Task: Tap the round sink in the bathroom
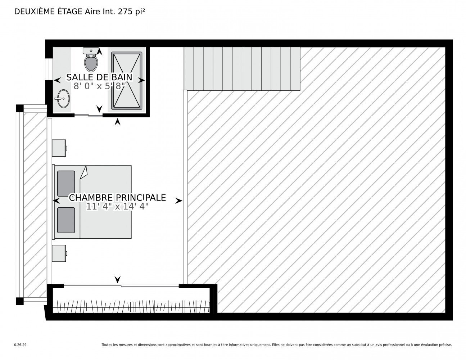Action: click(62, 99)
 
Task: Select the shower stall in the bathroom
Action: click(127, 80)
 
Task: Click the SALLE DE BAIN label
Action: click(99, 77)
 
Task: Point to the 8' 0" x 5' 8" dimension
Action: click(99, 86)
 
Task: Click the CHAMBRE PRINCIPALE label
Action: click(117, 198)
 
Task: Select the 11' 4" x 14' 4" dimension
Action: click(117, 207)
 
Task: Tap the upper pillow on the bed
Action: click(66, 184)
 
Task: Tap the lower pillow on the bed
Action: click(66, 220)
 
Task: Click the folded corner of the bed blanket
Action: click(83, 172)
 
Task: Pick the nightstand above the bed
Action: click(59, 148)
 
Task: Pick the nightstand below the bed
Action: click(59, 253)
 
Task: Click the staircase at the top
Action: click(242, 69)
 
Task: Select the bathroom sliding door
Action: click(89, 116)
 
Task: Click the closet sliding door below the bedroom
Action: click(121, 286)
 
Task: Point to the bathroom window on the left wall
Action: click(49, 69)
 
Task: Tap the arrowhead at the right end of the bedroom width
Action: click(179, 201)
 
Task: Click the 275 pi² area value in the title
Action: click(131, 12)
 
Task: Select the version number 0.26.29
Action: click(21, 345)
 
